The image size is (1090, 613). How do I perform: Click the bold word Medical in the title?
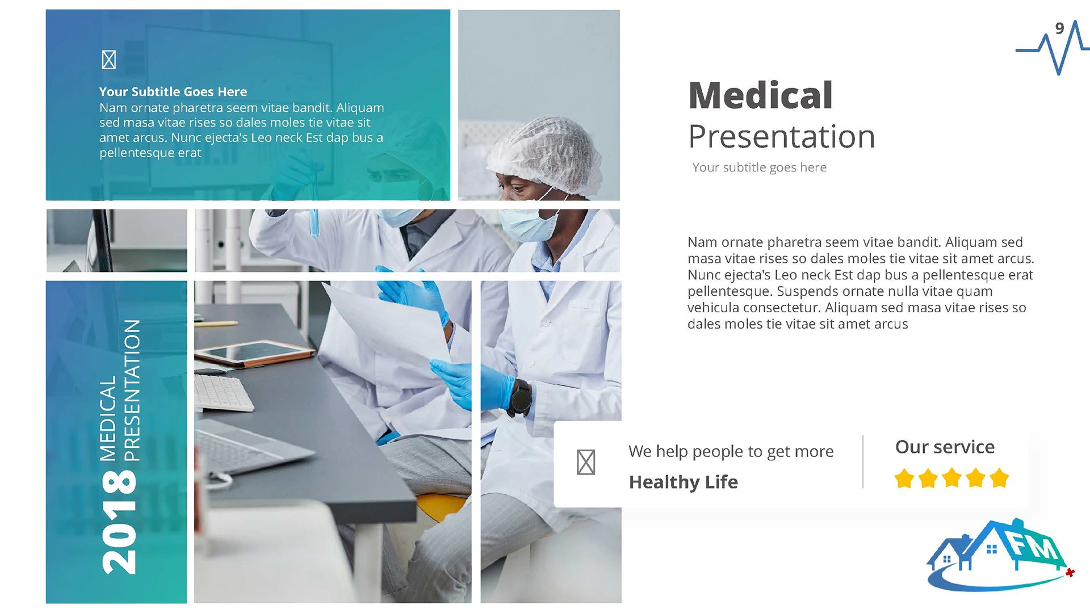[x=760, y=95]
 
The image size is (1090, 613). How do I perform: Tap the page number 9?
[x=1059, y=28]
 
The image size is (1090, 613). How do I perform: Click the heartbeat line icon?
[x=1052, y=48]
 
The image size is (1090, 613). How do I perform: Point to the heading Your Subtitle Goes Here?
[x=173, y=91]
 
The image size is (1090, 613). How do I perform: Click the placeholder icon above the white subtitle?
[x=109, y=60]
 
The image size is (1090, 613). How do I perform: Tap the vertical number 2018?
[x=119, y=523]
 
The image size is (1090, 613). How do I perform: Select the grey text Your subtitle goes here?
[x=759, y=167]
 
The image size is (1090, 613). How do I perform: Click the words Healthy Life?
[x=684, y=482]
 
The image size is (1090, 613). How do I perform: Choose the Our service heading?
[x=945, y=447]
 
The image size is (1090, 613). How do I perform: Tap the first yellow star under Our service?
[x=904, y=478]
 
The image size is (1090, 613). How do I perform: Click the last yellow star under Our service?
[x=999, y=478]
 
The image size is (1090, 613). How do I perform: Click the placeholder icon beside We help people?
[x=586, y=462]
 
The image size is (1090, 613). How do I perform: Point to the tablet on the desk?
[x=254, y=352]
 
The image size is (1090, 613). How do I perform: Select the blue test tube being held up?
[x=313, y=223]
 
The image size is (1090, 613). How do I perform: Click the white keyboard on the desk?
[x=223, y=392]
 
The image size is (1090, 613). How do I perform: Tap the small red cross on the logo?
[x=1070, y=573]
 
